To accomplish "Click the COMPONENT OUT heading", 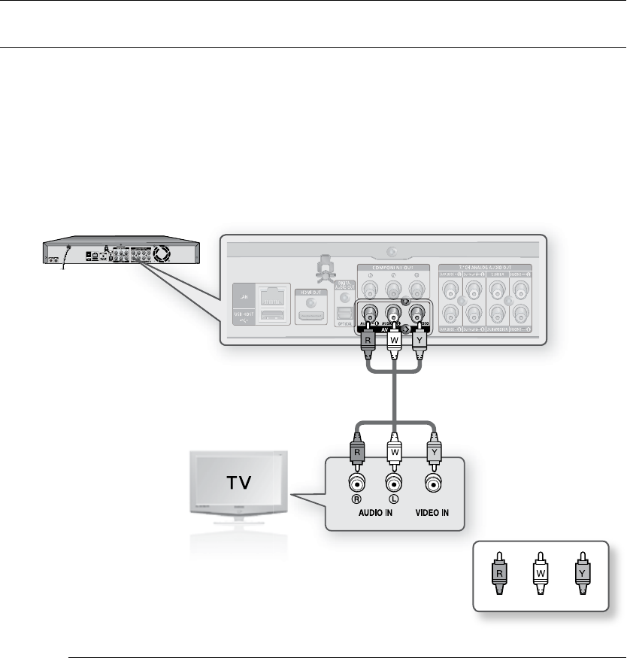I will (x=385, y=268).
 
